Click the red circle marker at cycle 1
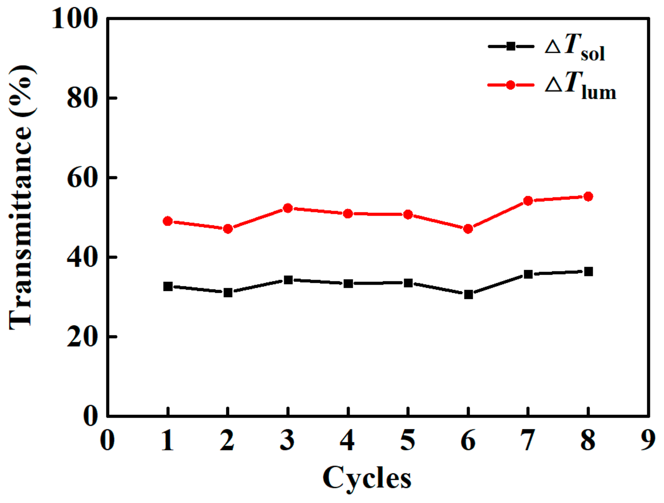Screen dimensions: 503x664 click(168, 221)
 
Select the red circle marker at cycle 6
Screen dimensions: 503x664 click(468, 228)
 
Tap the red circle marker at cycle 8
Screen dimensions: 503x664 click(588, 196)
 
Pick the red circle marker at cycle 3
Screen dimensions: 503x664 click(288, 208)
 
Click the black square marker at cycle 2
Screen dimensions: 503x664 click(228, 292)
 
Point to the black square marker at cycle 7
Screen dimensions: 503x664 click(528, 274)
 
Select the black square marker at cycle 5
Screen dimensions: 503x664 click(408, 283)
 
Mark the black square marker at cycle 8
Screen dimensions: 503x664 click(588, 271)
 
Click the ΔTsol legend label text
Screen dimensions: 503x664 click(575, 47)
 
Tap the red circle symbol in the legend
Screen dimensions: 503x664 click(511, 85)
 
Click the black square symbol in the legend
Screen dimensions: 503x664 click(511, 46)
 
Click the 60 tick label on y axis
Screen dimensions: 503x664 click(83, 178)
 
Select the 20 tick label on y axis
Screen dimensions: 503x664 click(83, 337)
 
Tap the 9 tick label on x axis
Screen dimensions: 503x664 click(648, 440)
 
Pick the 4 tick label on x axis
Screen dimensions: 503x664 click(348, 440)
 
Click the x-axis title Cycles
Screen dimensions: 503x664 click(367, 478)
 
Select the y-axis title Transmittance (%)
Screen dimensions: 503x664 click(21, 196)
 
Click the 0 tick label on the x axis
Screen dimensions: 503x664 click(107, 440)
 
